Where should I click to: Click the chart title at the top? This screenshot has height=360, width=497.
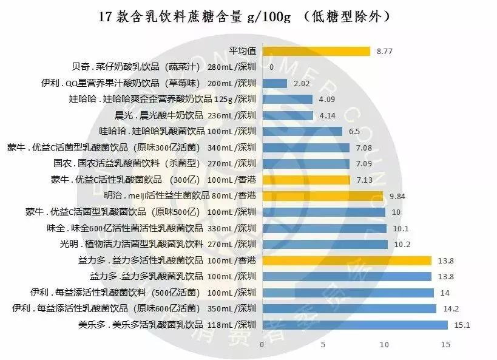tap(248, 16)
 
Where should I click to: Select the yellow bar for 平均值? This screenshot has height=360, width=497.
tap(316, 51)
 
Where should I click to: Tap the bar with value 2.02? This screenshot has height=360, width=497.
tap(274, 83)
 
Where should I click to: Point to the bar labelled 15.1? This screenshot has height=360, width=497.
tap(354, 325)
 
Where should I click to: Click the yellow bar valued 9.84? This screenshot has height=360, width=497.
tap(322, 195)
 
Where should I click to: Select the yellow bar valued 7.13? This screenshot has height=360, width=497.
tap(306, 180)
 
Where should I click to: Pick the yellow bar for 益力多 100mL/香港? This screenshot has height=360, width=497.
tap(347, 260)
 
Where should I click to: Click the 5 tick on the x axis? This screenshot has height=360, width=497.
tap(323, 345)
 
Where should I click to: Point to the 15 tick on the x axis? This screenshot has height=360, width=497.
tap(446, 345)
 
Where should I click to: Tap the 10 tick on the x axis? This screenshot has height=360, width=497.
tap(384, 345)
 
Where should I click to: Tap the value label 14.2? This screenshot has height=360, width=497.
tap(450, 308)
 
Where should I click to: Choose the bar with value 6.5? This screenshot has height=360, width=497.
tap(302, 131)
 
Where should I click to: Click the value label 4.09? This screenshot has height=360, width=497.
tap(327, 100)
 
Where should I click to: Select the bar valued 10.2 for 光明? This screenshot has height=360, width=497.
tap(325, 244)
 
